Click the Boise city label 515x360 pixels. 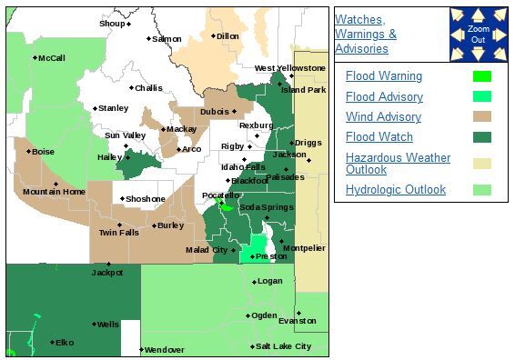click(x=44, y=152)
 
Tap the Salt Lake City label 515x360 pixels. click(x=284, y=346)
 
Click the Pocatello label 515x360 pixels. click(x=220, y=195)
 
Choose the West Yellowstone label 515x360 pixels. click(x=289, y=68)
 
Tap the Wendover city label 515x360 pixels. click(x=165, y=349)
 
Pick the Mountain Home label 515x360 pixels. click(x=54, y=191)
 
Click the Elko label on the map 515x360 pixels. click(x=65, y=343)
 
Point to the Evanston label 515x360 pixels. click(x=298, y=321)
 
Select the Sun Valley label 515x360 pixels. click(x=126, y=135)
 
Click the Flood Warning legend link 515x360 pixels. click(x=384, y=76)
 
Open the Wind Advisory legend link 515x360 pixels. click(x=383, y=117)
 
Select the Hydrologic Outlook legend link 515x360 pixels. click(x=396, y=190)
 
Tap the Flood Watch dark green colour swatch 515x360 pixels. click(x=482, y=137)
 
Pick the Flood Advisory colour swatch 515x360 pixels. click(x=482, y=96)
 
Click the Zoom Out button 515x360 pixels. click(x=479, y=35)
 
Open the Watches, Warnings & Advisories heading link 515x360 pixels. click(x=366, y=35)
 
